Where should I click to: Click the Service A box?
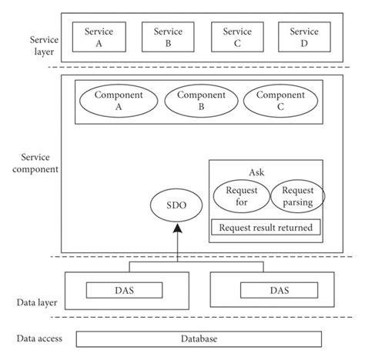99,37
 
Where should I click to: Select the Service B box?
168,37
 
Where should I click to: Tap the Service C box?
237,37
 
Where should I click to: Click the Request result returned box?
266,228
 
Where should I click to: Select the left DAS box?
126,290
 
